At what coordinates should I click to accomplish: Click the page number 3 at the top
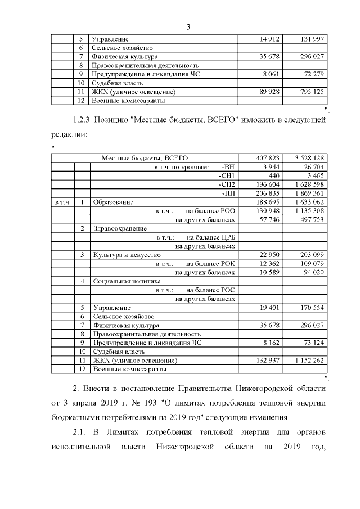(188, 27)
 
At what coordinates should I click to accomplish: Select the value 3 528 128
(306, 158)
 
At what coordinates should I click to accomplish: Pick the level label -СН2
(227, 184)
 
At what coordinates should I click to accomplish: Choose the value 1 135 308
(306, 210)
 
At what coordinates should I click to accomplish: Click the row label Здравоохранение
(120, 228)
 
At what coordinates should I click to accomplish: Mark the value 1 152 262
(306, 360)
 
